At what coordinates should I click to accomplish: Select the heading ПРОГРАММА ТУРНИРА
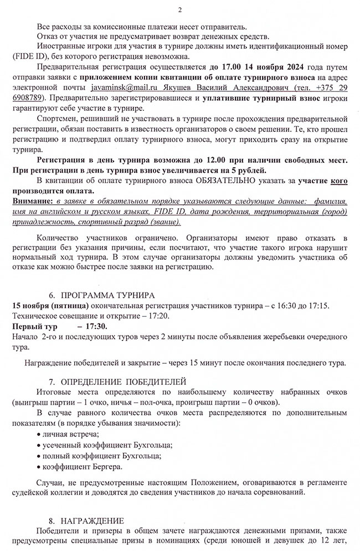(108, 295)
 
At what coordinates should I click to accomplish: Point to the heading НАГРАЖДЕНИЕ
(88, 521)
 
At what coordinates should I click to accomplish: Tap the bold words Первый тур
(32, 326)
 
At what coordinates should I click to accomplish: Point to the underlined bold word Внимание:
(29, 202)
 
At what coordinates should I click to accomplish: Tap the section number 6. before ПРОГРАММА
(53, 295)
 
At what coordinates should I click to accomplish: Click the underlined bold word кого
(339, 181)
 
